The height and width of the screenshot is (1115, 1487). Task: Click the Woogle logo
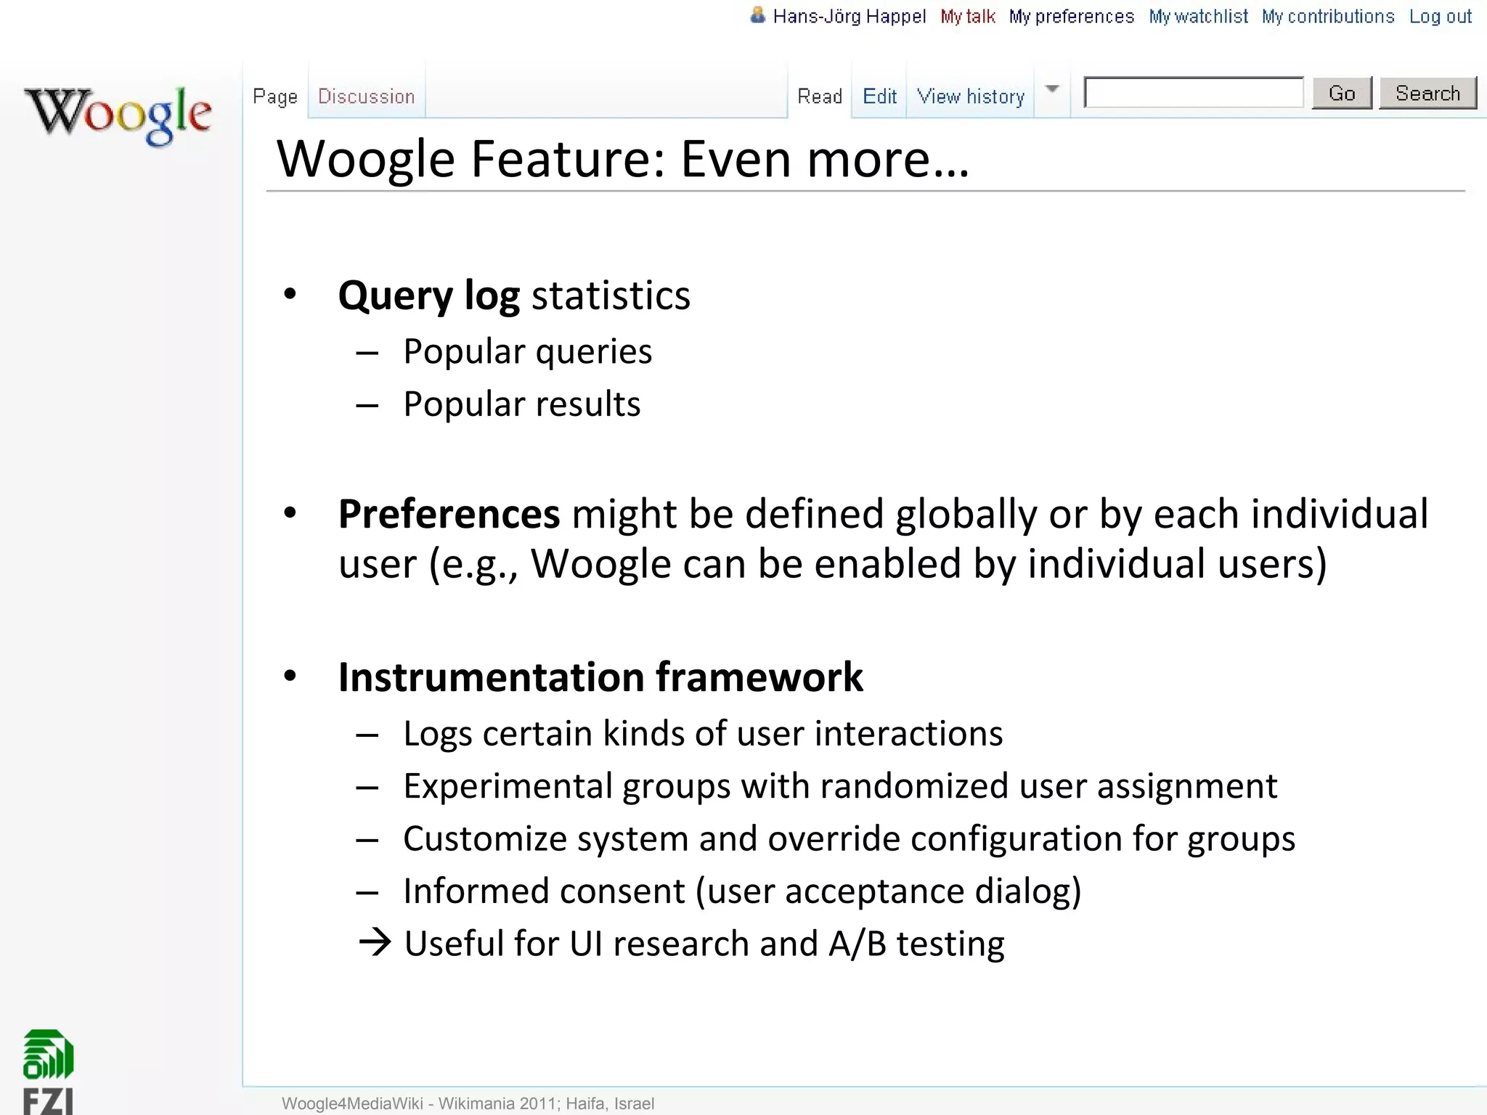click(x=118, y=114)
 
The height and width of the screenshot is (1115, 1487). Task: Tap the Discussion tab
click(x=366, y=97)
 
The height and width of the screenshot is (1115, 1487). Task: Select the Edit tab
click(x=879, y=97)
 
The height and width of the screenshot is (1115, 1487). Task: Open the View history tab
click(x=970, y=97)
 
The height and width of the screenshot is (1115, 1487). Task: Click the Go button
click(x=1341, y=94)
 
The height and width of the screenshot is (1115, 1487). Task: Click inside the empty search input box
click(x=1193, y=93)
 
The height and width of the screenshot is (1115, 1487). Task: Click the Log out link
click(x=1440, y=17)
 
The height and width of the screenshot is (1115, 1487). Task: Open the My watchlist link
click(x=1198, y=17)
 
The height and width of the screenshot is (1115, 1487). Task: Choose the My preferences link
click(x=1071, y=17)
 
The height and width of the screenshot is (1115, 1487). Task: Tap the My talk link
click(x=967, y=17)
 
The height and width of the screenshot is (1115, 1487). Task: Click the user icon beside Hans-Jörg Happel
click(x=757, y=15)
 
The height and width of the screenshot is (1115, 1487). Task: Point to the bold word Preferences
click(x=449, y=514)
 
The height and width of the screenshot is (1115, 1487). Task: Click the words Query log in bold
click(x=428, y=295)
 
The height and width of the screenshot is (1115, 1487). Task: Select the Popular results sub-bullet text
click(x=521, y=404)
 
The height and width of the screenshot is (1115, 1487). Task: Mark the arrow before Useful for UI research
click(x=375, y=942)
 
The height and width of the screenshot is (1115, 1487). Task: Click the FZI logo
click(x=49, y=1071)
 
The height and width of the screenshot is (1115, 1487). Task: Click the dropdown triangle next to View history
click(x=1051, y=89)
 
